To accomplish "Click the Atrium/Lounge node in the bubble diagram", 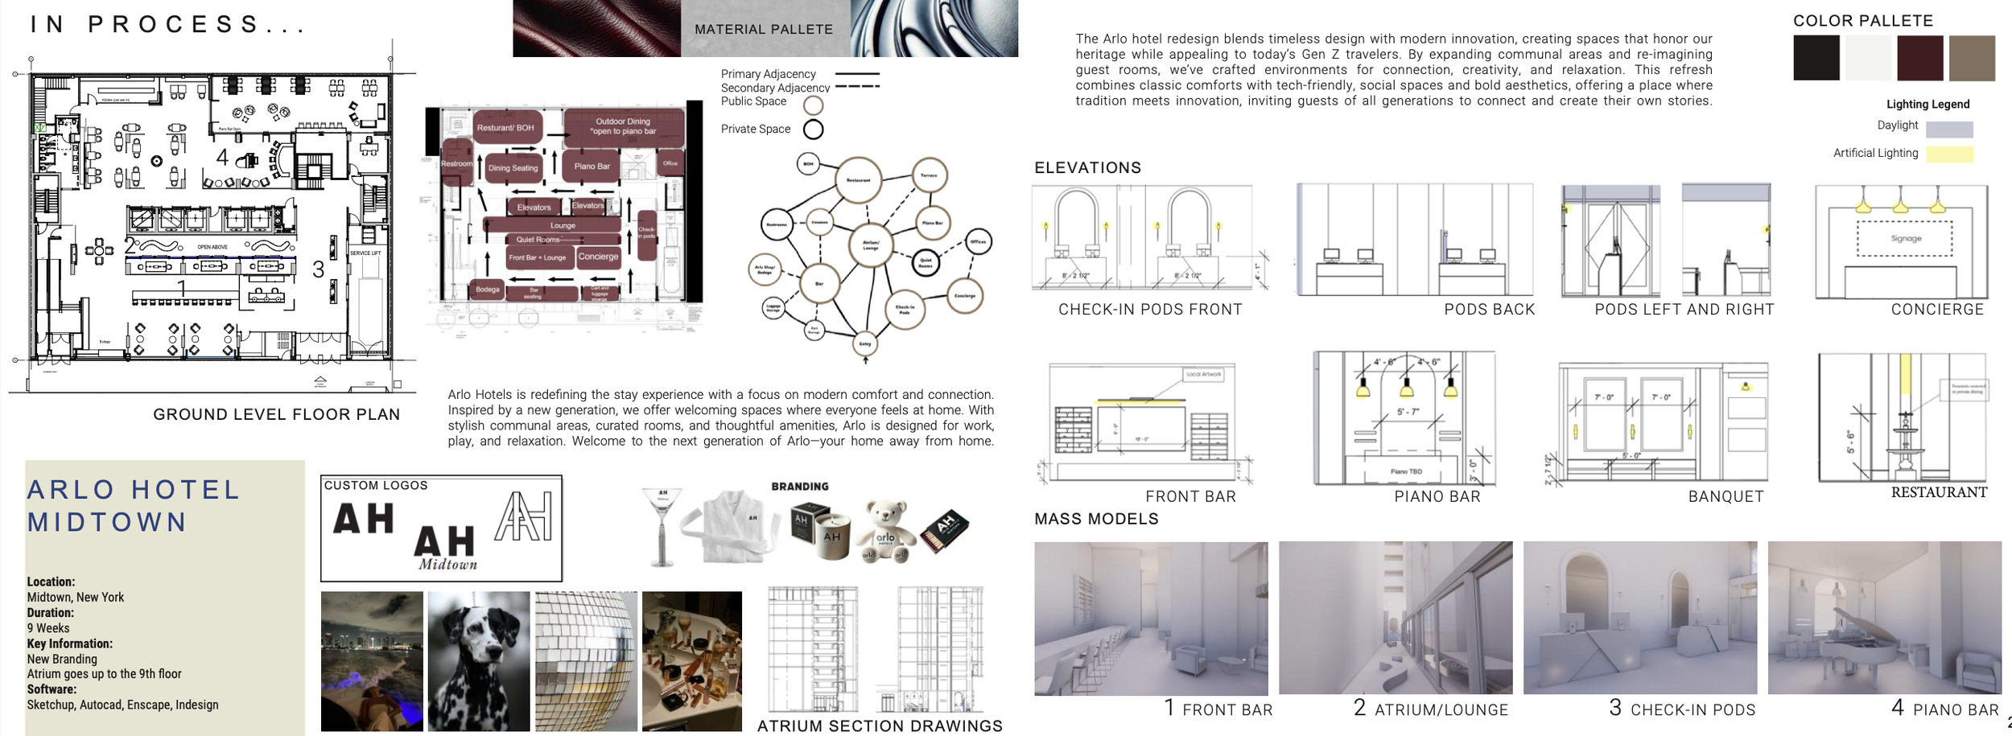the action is [x=871, y=245].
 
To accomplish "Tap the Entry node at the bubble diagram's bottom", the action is [x=865, y=343].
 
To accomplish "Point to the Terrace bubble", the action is [x=929, y=175].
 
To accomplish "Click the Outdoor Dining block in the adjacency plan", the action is [x=623, y=126].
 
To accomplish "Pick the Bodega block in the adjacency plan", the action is [x=487, y=290].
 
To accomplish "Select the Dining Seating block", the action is [x=513, y=168].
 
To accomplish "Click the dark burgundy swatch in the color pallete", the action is [x=1919, y=58].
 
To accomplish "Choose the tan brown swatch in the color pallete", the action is [x=1972, y=58].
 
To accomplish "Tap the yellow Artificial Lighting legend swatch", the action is [x=1949, y=154].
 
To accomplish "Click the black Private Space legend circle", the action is [x=814, y=130].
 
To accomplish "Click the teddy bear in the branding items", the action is [x=885, y=531].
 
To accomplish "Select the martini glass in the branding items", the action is [x=663, y=523].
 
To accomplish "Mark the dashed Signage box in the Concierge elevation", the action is [x=1904, y=238].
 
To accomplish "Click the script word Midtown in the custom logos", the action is [x=447, y=565].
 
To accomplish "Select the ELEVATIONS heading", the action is [x=1087, y=168].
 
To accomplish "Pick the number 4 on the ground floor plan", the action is [x=222, y=157].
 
